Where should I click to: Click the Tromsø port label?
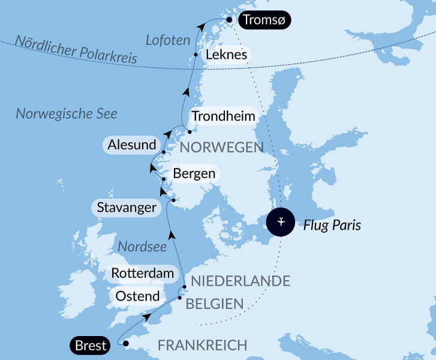[x=264, y=20]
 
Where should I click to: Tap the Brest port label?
[x=91, y=345]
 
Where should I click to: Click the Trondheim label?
[x=222, y=116]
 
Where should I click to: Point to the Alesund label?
[x=132, y=145]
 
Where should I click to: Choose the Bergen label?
[x=194, y=173]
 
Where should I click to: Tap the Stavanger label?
[x=127, y=208]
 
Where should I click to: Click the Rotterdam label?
[x=142, y=274]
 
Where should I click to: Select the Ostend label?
[x=137, y=296]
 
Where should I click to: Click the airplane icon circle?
[x=281, y=222]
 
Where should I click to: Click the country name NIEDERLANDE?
[x=240, y=281]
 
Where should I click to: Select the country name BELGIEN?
[x=215, y=304]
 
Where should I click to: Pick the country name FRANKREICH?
[x=202, y=345]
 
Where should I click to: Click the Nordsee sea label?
[x=138, y=247]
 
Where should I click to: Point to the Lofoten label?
[x=168, y=41]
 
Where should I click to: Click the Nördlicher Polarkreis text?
[x=76, y=50]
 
